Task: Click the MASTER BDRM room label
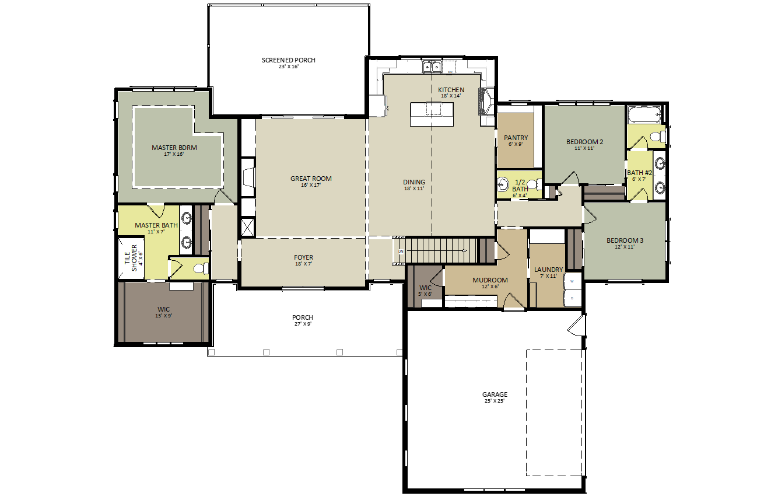coord(174,148)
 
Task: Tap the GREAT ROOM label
coord(311,179)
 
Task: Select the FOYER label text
coord(303,257)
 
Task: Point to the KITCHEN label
coord(451,90)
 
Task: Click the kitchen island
coord(432,114)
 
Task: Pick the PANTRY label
coord(516,138)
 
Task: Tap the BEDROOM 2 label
coord(584,142)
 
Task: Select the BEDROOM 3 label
coord(625,240)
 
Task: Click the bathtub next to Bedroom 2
coord(644,114)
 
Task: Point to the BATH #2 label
coord(639,173)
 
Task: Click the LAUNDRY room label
coord(548,270)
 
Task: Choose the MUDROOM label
coord(490,280)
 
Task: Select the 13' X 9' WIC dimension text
coord(164,316)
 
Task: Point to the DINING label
coord(414,182)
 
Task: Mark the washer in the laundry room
coord(572,281)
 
